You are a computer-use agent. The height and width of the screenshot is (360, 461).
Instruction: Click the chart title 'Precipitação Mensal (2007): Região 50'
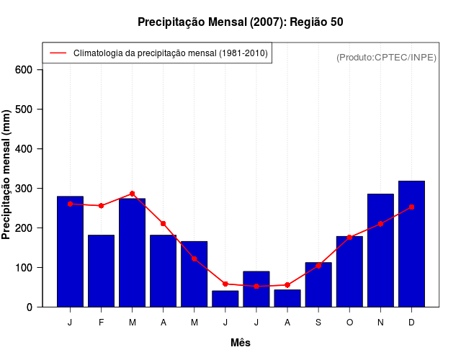240,22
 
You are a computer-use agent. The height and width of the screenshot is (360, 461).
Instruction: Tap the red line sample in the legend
58,53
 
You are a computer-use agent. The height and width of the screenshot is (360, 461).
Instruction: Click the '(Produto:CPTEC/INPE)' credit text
386,57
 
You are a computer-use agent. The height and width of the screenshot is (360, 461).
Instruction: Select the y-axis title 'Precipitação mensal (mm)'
6,175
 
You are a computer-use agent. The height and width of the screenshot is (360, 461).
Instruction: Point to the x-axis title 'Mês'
240,343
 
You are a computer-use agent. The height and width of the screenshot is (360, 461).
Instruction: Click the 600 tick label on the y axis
24,70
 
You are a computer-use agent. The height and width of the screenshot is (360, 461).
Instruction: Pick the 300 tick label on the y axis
24,189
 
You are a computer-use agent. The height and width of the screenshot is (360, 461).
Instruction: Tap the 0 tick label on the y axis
30,307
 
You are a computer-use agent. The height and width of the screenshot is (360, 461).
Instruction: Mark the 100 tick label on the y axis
24,268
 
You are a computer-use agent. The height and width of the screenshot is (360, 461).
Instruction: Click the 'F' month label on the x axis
101,323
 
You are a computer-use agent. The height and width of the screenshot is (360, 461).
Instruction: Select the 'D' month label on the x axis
411,323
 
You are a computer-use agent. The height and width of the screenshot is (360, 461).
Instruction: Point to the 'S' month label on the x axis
318,323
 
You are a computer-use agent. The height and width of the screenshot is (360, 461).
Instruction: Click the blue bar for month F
101,271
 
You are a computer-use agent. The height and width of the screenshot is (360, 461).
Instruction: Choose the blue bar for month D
411,244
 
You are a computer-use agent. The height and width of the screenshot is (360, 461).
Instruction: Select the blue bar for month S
318,284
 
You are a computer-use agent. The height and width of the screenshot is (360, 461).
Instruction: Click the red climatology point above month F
101,206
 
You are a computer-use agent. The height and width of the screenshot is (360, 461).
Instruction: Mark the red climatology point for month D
411,207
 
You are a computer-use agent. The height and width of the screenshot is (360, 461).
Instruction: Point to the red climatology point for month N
380,224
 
